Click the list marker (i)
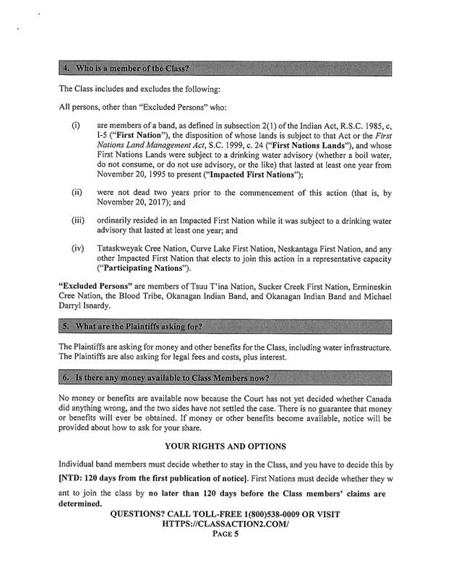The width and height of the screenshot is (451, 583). [x=74, y=126]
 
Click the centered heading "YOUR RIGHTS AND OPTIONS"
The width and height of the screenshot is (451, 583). [x=225, y=447]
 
